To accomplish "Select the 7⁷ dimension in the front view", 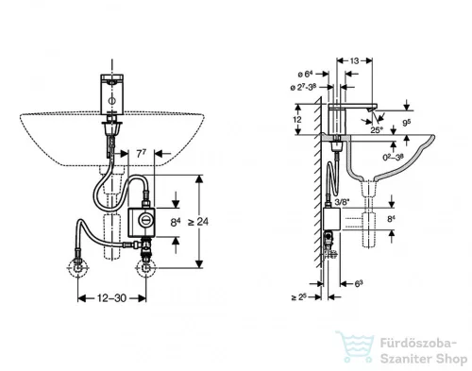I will click(141, 152).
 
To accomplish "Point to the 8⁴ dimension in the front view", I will click(177, 222).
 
